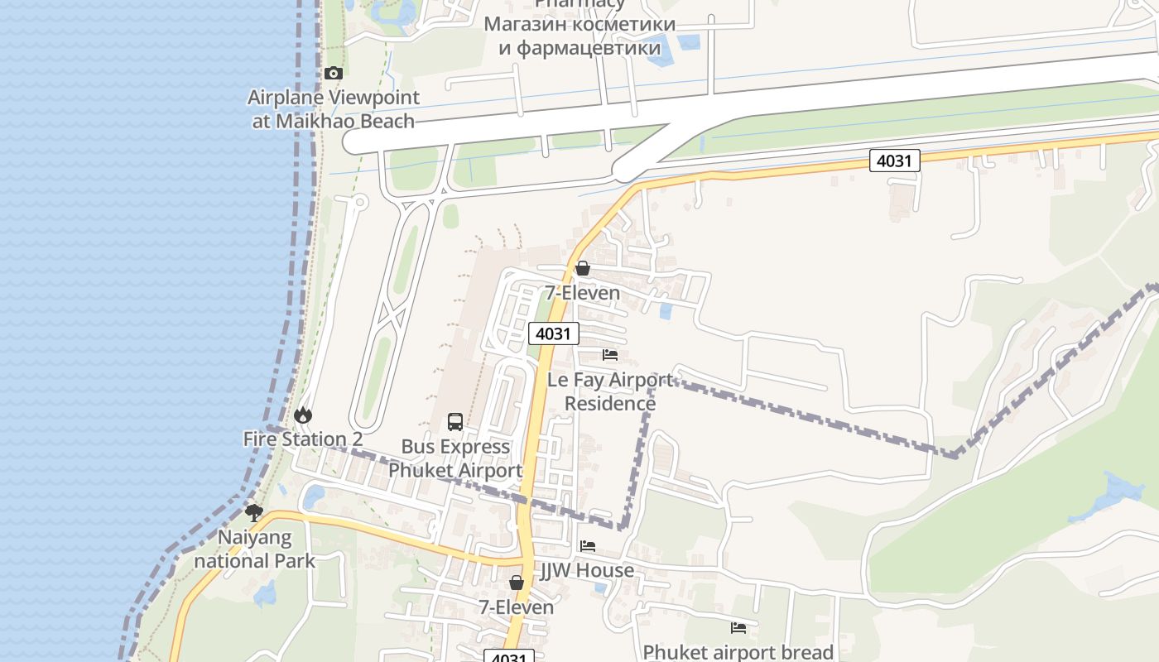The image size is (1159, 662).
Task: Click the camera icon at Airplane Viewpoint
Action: tap(334, 74)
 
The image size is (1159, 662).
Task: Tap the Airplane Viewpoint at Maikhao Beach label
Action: tap(333, 109)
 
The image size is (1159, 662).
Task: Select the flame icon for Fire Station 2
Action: tap(303, 415)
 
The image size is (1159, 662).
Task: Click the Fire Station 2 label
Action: tap(303, 439)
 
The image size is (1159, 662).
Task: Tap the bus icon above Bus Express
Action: tap(455, 422)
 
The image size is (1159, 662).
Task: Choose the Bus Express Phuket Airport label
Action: tap(455, 458)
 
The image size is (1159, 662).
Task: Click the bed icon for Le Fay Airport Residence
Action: tap(610, 355)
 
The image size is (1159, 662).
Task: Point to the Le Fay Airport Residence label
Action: tap(610, 391)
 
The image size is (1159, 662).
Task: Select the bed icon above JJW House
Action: tap(588, 546)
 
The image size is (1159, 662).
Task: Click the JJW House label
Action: tap(588, 570)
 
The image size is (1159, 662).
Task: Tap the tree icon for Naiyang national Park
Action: tap(254, 513)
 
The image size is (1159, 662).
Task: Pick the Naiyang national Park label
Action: tap(255, 549)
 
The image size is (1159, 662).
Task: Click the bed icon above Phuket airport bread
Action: tap(738, 628)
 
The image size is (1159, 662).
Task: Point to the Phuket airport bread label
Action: tap(738, 652)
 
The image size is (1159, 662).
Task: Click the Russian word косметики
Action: tap(623, 24)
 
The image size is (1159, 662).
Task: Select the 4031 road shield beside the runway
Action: tap(894, 161)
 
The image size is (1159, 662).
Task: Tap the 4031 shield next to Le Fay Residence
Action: tap(554, 333)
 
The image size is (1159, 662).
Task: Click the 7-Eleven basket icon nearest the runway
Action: tap(583, 268)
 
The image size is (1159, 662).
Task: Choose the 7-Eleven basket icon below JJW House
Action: tap(517, 583)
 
